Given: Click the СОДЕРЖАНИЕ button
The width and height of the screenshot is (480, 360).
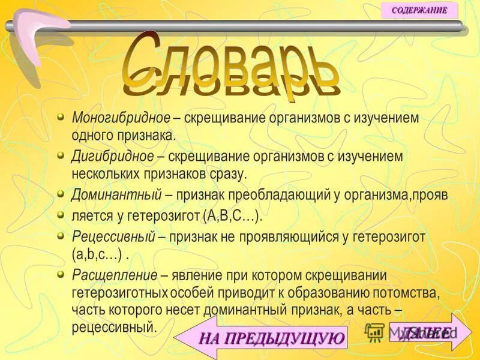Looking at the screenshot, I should (419, 10).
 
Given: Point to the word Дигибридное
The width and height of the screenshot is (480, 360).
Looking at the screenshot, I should (113, 156).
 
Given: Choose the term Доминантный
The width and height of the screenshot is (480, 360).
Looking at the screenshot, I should (116, 196).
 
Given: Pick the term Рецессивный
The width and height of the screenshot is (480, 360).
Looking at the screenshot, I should (114, 236).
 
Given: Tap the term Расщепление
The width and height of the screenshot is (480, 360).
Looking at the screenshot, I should (115, 275).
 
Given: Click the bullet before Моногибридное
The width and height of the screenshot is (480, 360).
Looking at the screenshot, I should (61, 115).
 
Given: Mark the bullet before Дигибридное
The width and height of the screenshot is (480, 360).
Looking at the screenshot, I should (61, 154).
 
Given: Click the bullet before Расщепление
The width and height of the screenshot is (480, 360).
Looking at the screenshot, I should (61, 273).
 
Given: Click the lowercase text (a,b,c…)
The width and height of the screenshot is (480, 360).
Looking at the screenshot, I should (97, 255).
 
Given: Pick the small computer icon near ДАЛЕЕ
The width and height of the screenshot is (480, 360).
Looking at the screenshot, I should (375, 332).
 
